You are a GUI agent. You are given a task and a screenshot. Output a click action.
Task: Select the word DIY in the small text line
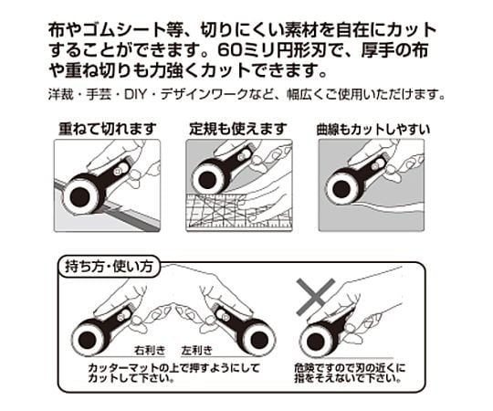pos(135,94)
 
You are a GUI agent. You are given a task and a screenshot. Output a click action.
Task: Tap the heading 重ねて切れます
pos(107,129)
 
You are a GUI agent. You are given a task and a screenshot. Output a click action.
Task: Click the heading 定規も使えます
pos(238,129)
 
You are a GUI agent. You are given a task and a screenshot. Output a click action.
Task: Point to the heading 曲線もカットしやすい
pos(373,130)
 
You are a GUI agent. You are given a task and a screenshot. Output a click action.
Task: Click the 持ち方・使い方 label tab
pos(109,267)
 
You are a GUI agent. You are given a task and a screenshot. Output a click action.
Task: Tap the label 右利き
pos(150,351)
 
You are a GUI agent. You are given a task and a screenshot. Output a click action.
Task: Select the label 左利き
pos(197,351)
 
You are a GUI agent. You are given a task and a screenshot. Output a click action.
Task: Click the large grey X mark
pos(315,297)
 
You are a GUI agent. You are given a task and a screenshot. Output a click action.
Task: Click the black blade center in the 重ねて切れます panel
pos(80,197)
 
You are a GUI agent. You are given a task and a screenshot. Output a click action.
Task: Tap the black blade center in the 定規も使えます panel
pos(208,179)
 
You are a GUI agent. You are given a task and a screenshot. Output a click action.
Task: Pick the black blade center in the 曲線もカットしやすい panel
pos(341,189)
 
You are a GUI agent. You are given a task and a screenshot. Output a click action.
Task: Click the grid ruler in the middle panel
pos(239,211)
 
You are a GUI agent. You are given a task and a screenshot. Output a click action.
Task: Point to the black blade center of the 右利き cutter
pos(87,339)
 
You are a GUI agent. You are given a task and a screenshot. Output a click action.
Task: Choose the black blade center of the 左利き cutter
pos(259,339)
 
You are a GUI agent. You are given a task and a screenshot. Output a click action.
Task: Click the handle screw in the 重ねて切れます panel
pos(118,171)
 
